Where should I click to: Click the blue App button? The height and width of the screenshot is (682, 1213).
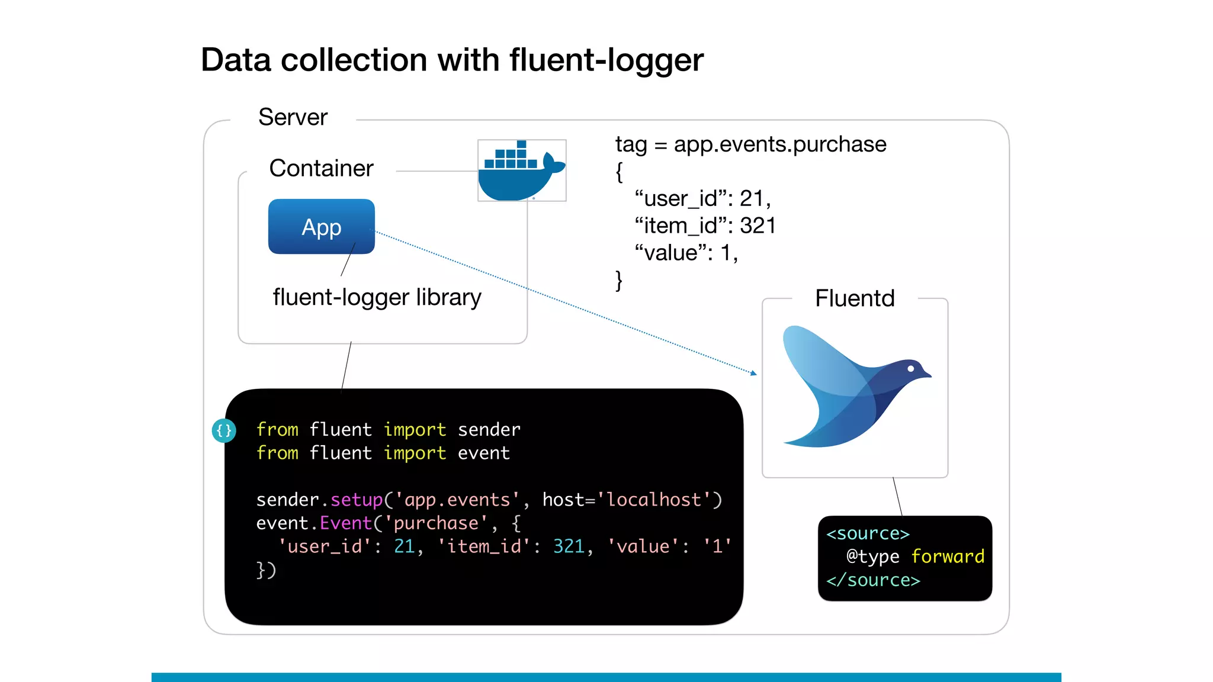(x=321, y=227)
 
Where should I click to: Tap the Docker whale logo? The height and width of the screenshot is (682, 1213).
(x=521, y=172)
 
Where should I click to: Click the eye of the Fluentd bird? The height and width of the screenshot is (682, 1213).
(x=911, y=369)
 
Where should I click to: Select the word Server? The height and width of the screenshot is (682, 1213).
(x=293, y=117)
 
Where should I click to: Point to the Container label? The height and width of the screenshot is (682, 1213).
(x=321, y=169)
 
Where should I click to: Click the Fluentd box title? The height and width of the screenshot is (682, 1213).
(x=854, y=298)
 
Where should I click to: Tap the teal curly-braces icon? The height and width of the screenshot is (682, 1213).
(x=224, y=430)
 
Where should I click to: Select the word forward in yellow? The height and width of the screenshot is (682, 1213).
(x=947, y=556)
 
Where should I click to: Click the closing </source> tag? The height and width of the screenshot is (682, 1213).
(x=873, y=580)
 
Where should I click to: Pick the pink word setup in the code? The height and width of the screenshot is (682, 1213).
(x=357, y=500)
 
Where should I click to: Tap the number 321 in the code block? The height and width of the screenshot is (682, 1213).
(x=569, y=546)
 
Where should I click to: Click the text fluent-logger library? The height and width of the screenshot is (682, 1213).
(x=377, y=297)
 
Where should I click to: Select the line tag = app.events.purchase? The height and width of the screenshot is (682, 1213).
(x=750, y=144)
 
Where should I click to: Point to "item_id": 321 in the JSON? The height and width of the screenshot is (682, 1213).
(x=705, y=226)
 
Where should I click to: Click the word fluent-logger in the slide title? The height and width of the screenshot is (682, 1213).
(x=606, y=60)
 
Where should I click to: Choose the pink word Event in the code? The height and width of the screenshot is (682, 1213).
(x=345, y=523)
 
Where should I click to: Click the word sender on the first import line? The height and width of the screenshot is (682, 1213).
(x=489, y=429)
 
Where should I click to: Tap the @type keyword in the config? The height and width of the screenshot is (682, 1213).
(x=872, y=556)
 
